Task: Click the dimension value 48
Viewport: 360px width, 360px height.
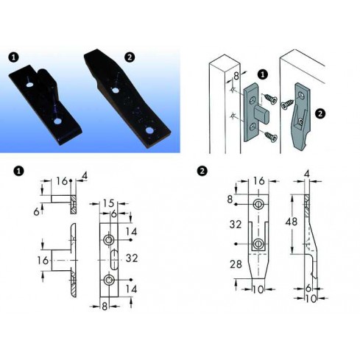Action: click(x=292, y=222)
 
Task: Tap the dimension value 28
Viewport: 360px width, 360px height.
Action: click(x=236, y=264)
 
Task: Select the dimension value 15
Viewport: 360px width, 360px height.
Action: click(x=108, y=203)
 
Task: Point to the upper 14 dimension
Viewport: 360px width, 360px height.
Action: click(x=131, y=232)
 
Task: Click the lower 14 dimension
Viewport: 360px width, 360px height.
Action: click(x=131, y=289)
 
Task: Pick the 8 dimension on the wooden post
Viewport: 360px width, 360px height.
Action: click(x=236, y=76)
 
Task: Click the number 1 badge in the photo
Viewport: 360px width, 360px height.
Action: click(x=13, y=57)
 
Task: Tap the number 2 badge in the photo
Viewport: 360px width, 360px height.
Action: click(x=130, y=57)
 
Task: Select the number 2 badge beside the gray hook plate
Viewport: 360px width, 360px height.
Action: click(x=320, y=113)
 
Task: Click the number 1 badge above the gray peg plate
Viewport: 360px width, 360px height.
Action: click(x=263, y=74)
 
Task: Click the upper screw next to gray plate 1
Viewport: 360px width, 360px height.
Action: click(x=269, y=99)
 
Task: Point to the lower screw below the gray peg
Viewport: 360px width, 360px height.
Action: click(x=271, y=136)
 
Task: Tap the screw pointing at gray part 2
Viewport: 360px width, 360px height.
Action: click(x=288, y=103)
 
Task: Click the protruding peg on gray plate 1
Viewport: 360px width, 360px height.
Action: click(x=263, y=113)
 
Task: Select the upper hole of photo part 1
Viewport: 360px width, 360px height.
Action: click(x=30, y=85)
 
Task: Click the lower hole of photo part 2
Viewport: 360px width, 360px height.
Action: click(x=149, y=130)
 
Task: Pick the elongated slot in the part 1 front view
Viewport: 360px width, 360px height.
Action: click(x=113, y=260)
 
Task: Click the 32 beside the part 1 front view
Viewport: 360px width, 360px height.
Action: click(x=132, y=258)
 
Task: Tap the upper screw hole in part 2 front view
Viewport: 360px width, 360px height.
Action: click(x=258, y=204)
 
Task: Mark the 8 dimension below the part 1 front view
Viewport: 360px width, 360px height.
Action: click(x=105, y=306)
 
